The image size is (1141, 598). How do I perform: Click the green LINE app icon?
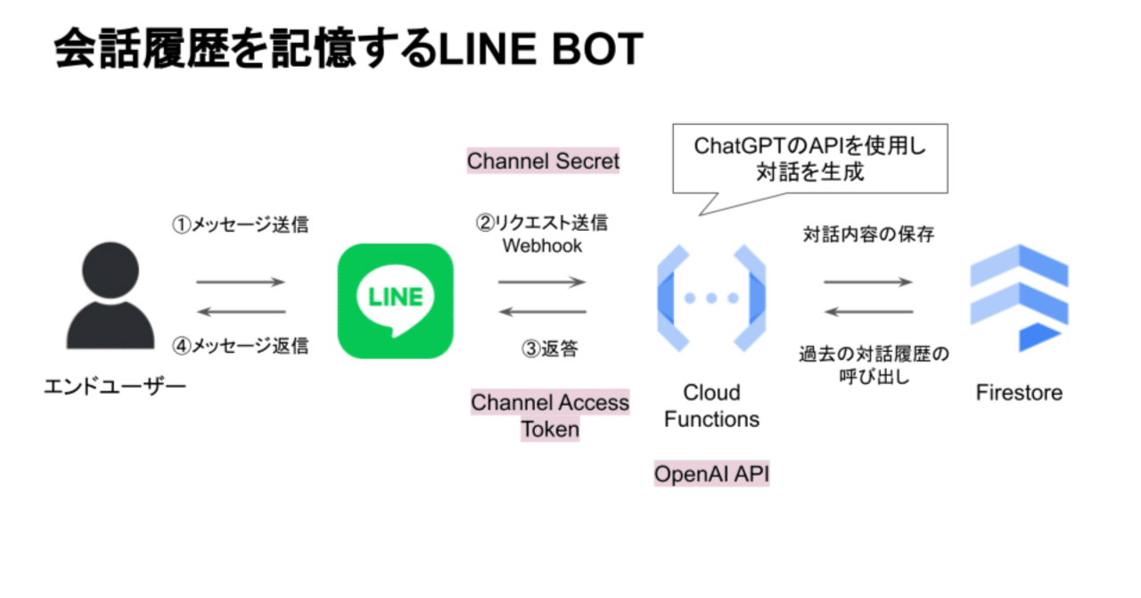[x=395, y=300]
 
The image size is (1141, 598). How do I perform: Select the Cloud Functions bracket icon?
[x=711, y=298]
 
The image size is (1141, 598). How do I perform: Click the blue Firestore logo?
[x=1019, y=298]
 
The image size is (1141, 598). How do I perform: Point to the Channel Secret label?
[x=543, y=161]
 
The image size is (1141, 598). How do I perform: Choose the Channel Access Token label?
[x=550, y=415]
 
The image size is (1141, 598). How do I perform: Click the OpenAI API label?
[x=711, y=474]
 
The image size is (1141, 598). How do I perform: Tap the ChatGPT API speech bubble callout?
[x=809, y=159]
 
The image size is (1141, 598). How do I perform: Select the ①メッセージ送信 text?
[x=240, y=225]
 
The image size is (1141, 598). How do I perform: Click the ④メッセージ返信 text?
[x=240, y=346]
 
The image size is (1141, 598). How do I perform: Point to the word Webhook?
[x=542, y=245]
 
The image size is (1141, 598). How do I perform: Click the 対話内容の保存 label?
[x=868, y=235]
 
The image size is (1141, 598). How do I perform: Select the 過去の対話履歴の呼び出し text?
[x=873, y=365]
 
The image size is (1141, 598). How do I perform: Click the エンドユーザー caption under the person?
[x=115, y=388]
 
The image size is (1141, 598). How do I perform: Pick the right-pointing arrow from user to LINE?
[x=240, y=283]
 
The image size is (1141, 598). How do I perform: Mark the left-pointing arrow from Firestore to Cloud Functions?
[x=868, y=312]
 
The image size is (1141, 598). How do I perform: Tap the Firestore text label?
[x=1019, y=392]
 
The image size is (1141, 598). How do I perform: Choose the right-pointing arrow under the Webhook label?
[x=542, y=283]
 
